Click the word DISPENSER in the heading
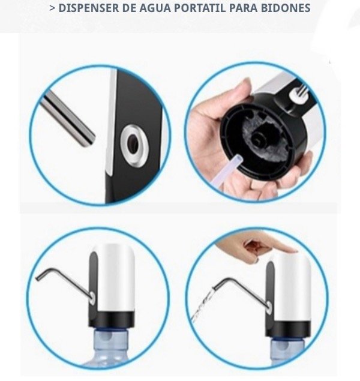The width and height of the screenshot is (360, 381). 89,8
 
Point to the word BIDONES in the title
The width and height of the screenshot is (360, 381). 286,8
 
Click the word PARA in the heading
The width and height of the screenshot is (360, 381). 243,8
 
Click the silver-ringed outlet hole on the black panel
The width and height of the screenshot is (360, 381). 134,146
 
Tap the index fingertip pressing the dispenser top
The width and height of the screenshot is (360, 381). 291,251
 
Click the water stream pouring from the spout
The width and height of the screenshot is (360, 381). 203,304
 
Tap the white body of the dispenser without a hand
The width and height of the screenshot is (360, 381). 116,277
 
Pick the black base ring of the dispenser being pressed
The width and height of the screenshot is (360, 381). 288,329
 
